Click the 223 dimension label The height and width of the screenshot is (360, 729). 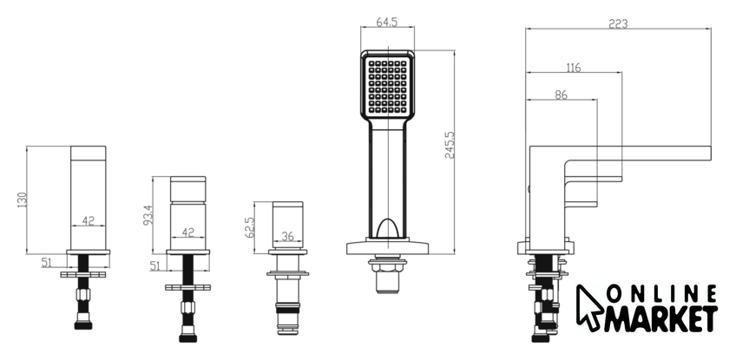(x=618, y=23)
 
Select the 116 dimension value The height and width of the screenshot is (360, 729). (x=574, y=68)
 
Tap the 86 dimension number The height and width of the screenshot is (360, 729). (x=562, y=95)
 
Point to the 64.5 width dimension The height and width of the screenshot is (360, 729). (x=387, y=22)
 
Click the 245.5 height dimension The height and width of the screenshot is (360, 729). (x=450, y=145)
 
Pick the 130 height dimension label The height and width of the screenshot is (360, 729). (x=23, y=200)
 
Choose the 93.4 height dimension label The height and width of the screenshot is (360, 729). (x=148, y=215)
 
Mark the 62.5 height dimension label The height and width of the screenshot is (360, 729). (x=249, y=227)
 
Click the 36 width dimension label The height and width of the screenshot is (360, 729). (x=288, y=236)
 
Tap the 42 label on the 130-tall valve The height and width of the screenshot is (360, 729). (x=88, y=220)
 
